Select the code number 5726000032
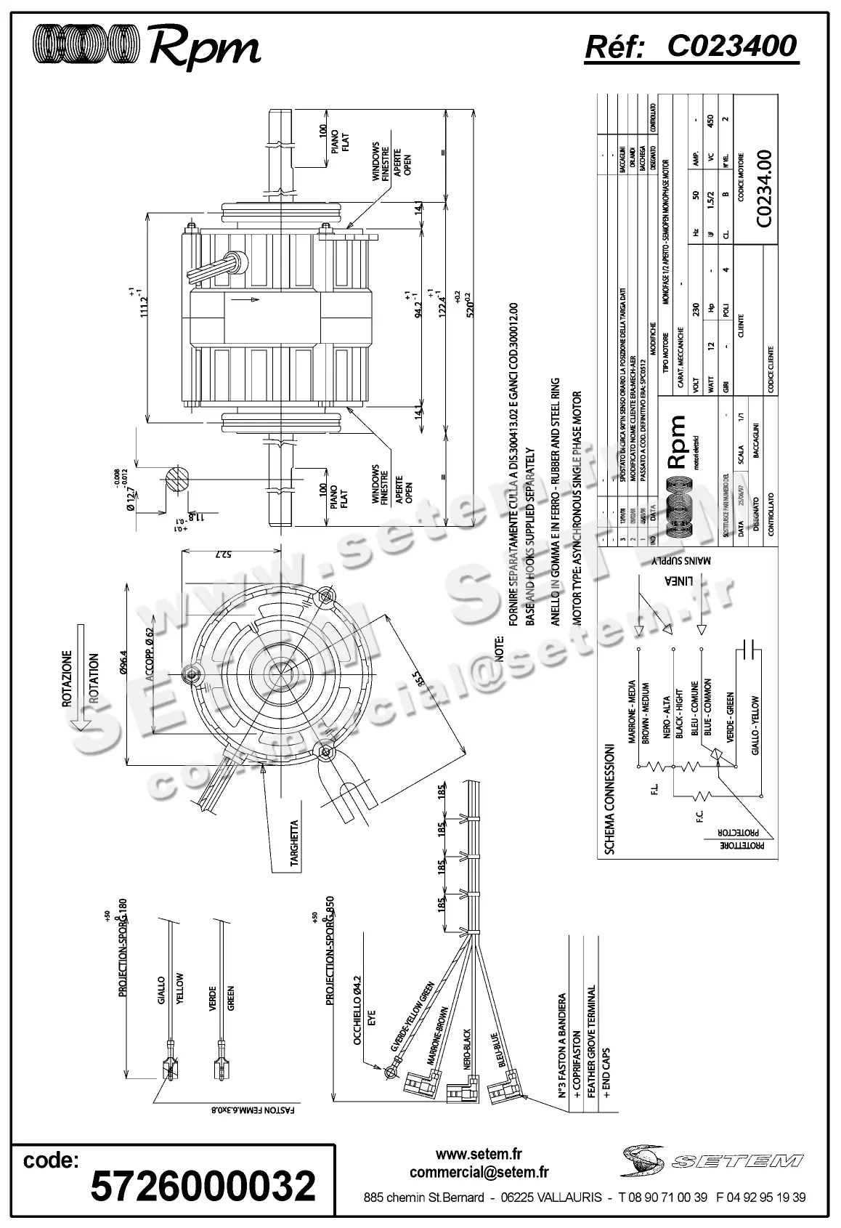click(203, 1187)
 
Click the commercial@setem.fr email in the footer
click(479, 1172)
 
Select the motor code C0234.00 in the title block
click(764, 189)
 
